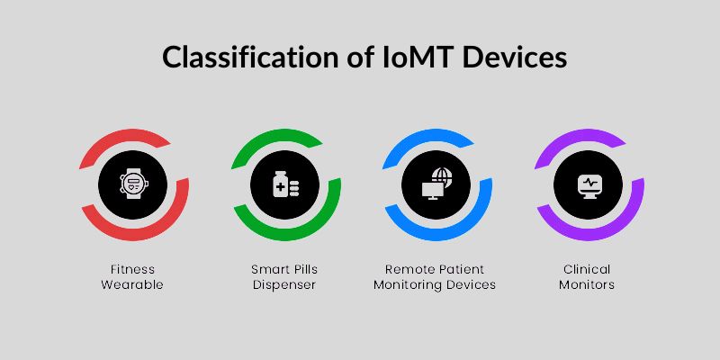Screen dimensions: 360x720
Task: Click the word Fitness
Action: pos(134,269)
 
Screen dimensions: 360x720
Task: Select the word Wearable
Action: pos(134,284)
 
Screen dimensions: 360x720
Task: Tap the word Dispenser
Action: pos(286,284)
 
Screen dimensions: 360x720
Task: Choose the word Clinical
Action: pos(588,269)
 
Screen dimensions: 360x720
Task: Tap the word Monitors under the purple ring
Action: pos(588,284)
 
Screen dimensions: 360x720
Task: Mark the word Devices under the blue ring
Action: pos(472,284)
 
